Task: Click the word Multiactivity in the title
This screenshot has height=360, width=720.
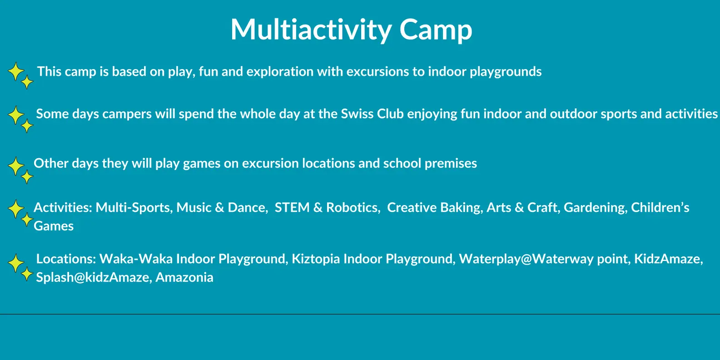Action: pos(311,30)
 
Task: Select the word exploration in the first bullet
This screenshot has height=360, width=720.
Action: pos(280,72)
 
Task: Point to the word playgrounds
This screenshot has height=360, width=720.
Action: pos(506,72)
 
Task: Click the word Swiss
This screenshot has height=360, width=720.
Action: pos(357,114)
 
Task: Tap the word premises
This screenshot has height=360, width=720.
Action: pos(451,164)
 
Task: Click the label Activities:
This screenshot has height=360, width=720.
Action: pos(63,208)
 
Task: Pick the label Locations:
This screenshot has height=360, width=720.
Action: pos(66,259)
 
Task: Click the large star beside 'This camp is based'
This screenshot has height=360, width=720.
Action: pos(16,71)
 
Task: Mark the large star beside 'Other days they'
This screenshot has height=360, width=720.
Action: pos(16,166)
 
